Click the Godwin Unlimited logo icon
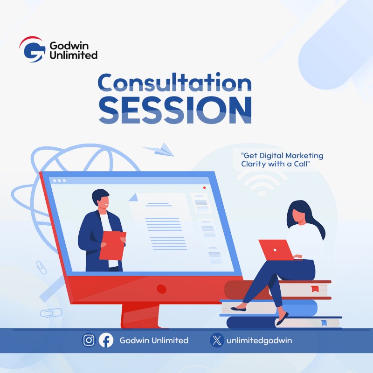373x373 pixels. [x=31, y=49]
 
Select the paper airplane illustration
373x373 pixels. [x=158, y=150]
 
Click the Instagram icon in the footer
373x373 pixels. [x=89, y=340]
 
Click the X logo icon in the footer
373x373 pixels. [x=217, y=340]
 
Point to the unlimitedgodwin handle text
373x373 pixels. [x=259, y=340]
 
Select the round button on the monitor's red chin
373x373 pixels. [x=161, y=289]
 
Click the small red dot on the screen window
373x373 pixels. [x=204, y=187]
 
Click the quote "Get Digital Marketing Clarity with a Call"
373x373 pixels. [x=282, y=159]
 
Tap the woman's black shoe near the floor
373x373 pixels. [x=282, y=319]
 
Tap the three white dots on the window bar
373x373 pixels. [x=59, y=180]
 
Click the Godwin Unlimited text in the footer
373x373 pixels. [x=154, y=340]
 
